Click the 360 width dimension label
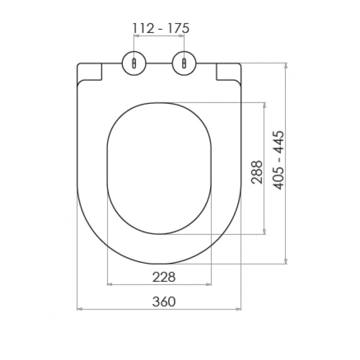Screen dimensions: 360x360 (x=164, y=301)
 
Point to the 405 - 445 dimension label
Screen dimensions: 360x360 (x=278, y=160)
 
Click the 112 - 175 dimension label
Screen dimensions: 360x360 (x=160, y=28)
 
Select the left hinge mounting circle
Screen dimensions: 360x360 (x=134, y=63)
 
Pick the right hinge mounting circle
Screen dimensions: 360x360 (x=184, y=63)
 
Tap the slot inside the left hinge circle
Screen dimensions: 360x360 (x=134, y=63)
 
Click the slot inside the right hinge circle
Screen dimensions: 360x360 (x=184, y=63)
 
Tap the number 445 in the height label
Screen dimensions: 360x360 (x=278, y=141)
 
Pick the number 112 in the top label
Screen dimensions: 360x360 (x=143, y=28)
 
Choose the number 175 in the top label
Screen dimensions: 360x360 (x=178, y=28)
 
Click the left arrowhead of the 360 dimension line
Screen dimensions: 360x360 (x=78, y=309)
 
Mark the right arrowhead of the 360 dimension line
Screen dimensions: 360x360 (x=240, y=309)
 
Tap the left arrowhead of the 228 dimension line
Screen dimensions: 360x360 (x=109, y=283)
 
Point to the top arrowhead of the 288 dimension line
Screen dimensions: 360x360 (x=264, y=104)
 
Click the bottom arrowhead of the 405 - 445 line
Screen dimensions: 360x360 (x=286, y=262)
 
